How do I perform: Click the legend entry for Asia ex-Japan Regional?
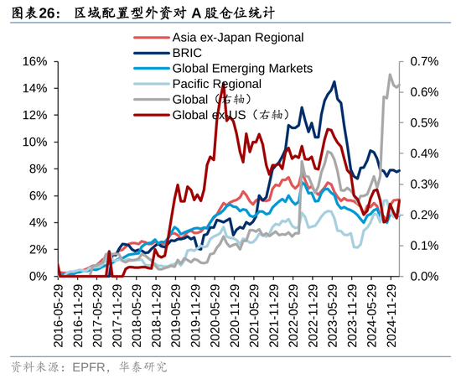click(x=237, y=38)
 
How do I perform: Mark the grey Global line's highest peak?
click(x=390, y=75)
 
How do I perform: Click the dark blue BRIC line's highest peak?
click(x=334, y=82)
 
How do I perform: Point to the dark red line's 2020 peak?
click(x=222, y=85)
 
